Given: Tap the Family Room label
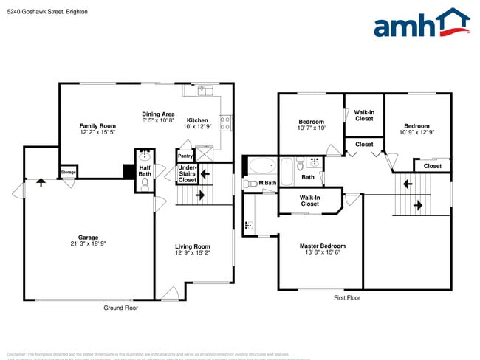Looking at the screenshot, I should coord(97,126).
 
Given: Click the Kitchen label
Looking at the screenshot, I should coord(197,120).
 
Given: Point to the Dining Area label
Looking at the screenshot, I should coord(158,114).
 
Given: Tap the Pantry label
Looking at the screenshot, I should coord(185,156).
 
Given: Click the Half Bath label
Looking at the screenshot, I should coord(145,170).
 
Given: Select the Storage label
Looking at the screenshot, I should coord(68,173).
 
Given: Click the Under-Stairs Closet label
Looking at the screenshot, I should coord(188,174).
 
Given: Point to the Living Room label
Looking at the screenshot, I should coord(192,246).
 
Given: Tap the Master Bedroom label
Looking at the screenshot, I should coord(322,246).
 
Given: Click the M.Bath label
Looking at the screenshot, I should coord(267,183).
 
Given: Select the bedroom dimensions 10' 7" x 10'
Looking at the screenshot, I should coord(311,128).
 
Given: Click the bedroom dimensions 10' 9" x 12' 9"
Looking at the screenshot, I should coord(416,133).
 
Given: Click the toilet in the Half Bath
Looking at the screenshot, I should coord(145,184).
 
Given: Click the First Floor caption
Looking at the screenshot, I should coord(346,298).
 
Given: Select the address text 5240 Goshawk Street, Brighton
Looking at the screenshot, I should coord(44,11).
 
